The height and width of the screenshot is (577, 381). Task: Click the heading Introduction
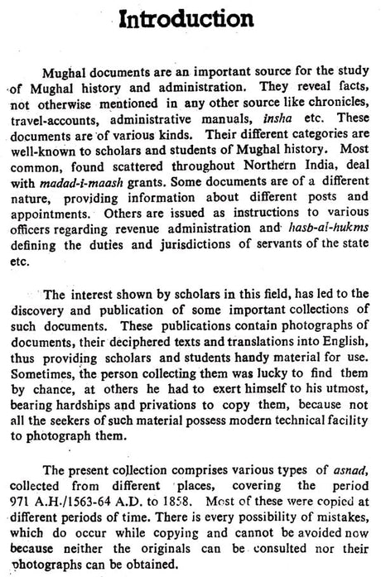tap(190, 21)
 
